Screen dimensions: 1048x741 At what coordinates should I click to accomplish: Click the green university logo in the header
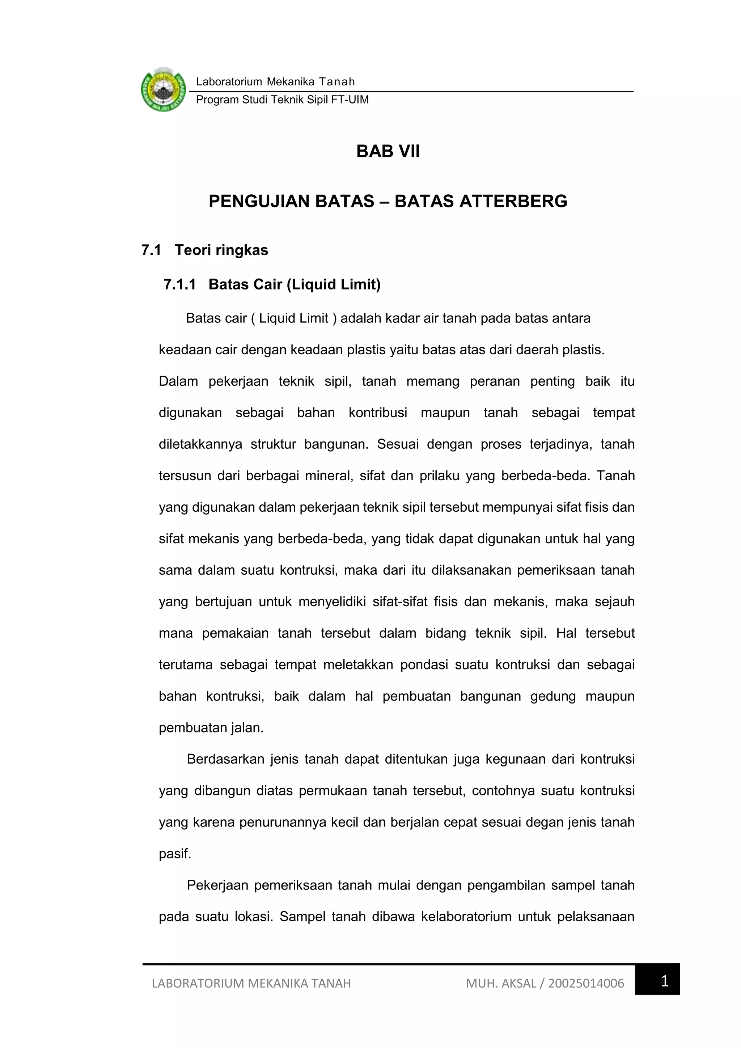(163, 90)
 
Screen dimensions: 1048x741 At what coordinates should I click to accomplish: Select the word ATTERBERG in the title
(513, 201)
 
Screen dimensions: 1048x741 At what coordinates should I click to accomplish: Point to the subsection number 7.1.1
(180, 284)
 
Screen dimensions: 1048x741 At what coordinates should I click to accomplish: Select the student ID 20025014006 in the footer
(586, 983)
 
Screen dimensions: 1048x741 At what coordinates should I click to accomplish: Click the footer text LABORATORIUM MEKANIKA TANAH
(251, 983)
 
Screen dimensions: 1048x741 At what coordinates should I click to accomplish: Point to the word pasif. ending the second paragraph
(175, 854)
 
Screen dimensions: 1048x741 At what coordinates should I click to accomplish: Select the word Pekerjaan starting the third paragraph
(217, 885)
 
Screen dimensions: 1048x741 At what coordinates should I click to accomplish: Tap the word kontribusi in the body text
(378, 413)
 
